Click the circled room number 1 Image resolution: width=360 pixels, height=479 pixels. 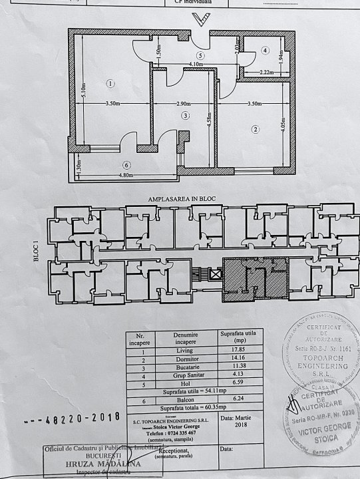(110, 83)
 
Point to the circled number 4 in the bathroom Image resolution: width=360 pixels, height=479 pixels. (264, 50)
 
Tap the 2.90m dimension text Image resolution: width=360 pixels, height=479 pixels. (178, 104)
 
